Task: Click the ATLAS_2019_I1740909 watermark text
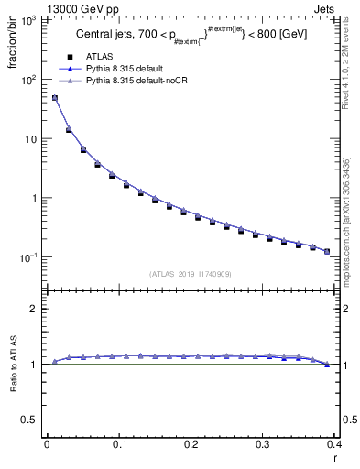190,273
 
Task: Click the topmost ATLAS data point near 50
54,98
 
